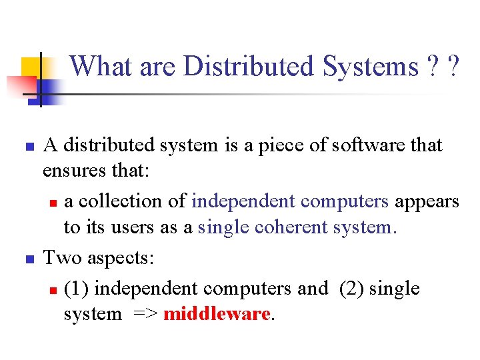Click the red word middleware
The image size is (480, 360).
pos(216,314)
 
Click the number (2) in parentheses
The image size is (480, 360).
pos(351,289)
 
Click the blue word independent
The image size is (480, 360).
pos(243,201)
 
